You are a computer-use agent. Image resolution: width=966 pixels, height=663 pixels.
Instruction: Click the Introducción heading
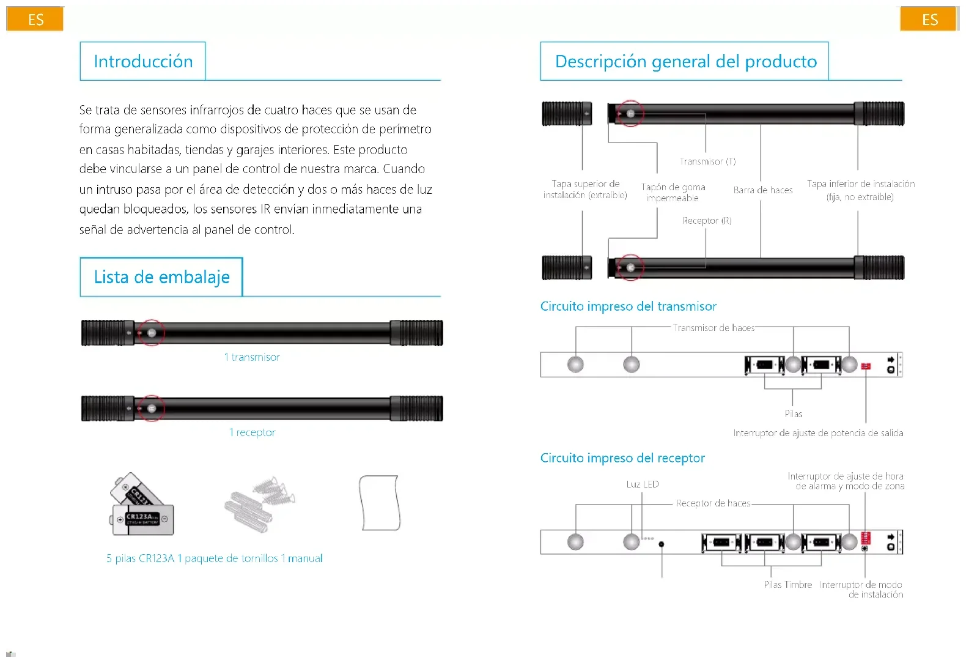click(x=143, y=61)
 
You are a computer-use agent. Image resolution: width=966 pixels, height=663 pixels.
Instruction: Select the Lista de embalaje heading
click(x=161, y=277)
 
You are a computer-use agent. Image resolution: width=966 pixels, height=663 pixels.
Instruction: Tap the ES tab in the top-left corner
click(x=35, y=20)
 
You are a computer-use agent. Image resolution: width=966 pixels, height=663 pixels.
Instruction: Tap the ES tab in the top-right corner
click(x=929, y=20)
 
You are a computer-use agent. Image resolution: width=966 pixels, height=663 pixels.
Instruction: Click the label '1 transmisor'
click(x=252, y=357)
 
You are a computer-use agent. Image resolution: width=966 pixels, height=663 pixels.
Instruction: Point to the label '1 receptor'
click(x=252, y=432)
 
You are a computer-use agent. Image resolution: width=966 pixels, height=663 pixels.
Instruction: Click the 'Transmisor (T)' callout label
click(x=707, y=161)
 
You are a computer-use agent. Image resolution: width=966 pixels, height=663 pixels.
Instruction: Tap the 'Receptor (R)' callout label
click(x=707, y=221)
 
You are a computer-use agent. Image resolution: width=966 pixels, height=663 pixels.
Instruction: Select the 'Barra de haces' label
click(x=762, y=190)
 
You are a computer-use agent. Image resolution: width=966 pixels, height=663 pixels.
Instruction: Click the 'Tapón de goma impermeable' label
click(x=673, y=193)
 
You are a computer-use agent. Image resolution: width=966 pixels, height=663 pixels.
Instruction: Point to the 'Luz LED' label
click(x=643, y=484)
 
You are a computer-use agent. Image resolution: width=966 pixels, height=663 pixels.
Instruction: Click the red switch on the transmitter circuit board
click(x=866, y=366)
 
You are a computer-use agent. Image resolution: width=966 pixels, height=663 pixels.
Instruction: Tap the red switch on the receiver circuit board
click(x=866, y=538)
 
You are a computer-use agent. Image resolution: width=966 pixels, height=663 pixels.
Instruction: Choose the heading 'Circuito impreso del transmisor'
click(x=628, y=306)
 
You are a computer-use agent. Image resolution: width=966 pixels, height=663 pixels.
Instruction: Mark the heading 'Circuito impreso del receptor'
click(x=622, y=458)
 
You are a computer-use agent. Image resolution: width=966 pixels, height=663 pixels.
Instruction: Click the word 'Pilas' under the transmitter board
click(x=793, y=414)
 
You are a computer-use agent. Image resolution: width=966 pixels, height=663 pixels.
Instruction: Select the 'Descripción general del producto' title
click(x=685, y=61)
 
